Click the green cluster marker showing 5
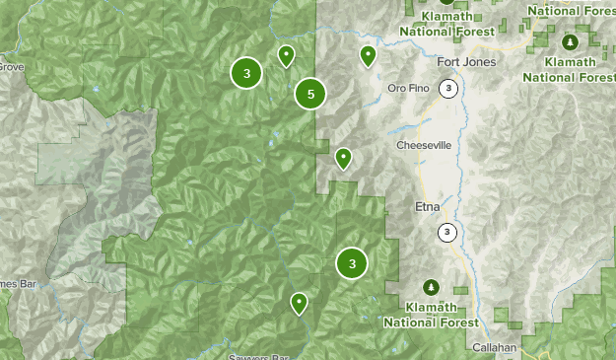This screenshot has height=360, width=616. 310,94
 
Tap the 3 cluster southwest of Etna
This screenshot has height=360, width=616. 352,263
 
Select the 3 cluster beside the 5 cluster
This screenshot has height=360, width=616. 246,73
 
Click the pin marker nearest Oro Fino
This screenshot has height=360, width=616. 368,55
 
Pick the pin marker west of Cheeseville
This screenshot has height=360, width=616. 343,157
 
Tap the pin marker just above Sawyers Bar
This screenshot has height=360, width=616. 299,302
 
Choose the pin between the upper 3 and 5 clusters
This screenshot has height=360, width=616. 286,55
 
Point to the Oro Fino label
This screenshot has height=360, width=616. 409,87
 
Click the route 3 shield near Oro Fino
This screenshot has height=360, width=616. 449,89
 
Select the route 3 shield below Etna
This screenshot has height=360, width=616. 447,233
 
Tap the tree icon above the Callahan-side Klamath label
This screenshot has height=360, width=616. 431,287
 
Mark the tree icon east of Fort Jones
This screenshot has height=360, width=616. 570,42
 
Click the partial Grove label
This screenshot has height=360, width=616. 10,67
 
